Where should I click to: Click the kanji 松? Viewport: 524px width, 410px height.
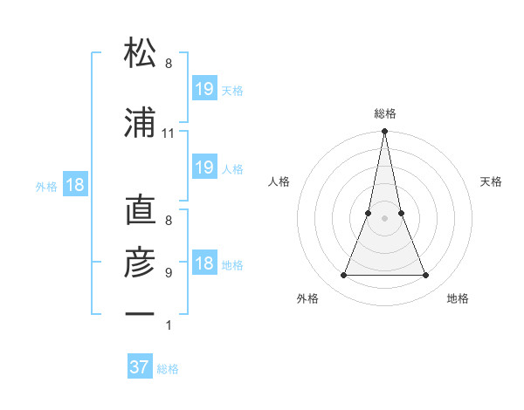tap(140, 53)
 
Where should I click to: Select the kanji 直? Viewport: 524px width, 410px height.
tap(140, 212)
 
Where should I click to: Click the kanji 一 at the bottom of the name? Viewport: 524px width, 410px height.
tap(140, 312)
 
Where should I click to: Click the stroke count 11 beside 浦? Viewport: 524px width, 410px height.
tap(169, 133)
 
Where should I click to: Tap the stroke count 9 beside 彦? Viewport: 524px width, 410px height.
tap(169, 272)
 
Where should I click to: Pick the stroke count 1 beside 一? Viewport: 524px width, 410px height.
tap(169, 325)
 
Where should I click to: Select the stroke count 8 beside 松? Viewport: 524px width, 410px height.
tap(169, 64)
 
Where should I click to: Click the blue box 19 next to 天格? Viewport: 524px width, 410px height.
tap(203, 89)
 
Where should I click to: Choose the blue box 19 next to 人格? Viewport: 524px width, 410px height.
tap(203, 167)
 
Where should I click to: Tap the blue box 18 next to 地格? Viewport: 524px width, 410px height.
tap(203, 264)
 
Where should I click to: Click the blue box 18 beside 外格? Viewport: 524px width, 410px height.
tap(74, 185)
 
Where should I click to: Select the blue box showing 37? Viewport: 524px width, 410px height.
tap(140, 367)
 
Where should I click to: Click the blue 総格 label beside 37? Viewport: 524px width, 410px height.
tap(169, 369)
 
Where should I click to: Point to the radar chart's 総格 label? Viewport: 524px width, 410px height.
tap(384, 113)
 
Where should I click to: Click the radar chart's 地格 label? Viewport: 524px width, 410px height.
tap(458, 298)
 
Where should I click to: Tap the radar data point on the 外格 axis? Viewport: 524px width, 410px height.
tap(343, 276)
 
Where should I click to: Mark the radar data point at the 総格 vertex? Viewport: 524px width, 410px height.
tap(384, 132)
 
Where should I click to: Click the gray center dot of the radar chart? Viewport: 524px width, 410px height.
tap(384, 218)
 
